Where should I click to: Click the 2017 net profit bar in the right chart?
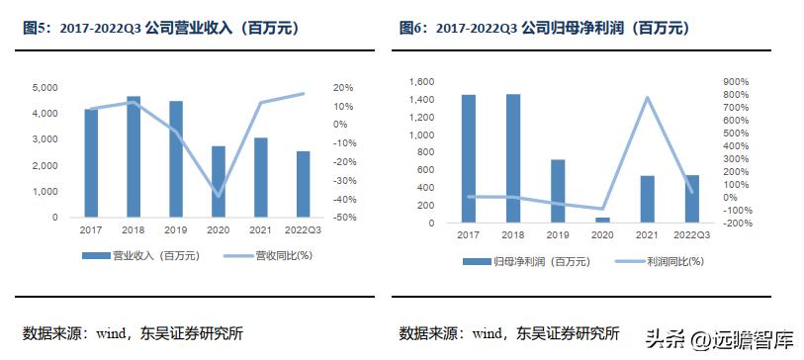coord(469,158)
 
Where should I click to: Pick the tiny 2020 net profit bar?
coord(603,220)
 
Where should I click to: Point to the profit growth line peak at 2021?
coord(648,97)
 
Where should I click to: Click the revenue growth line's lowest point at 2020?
coord(219,196)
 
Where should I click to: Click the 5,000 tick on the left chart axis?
coord(43,88)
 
